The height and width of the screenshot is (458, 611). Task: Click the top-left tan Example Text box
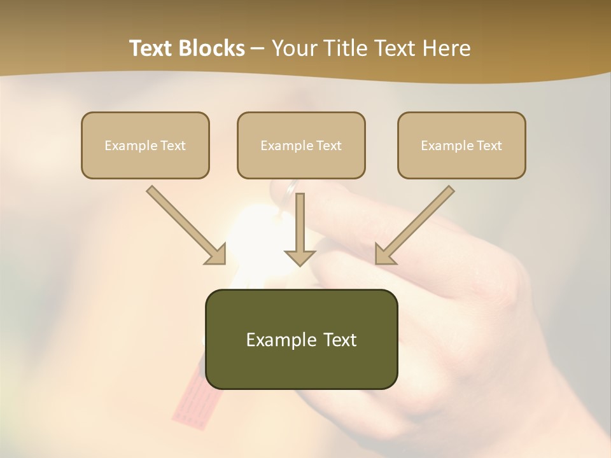tap(145, 146)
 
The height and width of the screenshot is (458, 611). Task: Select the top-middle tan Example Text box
tap(301, 146)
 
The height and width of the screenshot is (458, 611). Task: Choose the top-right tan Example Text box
tap(461, 146)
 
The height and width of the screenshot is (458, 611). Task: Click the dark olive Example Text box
tap(301, 340)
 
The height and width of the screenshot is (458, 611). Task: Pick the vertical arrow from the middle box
tap(300, 223)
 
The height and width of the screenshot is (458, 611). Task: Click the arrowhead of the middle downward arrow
tap(300, 257)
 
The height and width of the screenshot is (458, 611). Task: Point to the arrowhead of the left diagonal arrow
tap(216, 254)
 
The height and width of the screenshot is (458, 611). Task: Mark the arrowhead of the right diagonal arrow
tap(385, 254)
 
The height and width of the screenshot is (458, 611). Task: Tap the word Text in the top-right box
tap(489, 146)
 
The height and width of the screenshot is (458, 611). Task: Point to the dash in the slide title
tap(258, 48)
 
